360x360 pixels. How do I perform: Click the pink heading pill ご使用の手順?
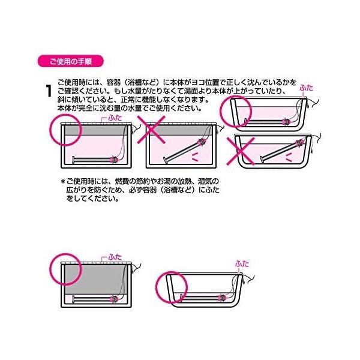(70, 61)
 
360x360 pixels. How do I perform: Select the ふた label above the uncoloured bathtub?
(241, 263)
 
